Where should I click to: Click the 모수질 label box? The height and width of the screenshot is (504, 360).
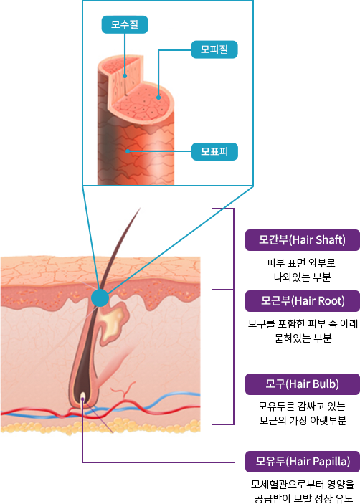(125, 24)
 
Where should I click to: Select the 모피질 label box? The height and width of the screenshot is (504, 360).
(214, 49)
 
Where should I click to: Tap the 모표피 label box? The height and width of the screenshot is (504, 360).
(214, 151)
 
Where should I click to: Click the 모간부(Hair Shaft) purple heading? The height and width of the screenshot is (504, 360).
(303, 240)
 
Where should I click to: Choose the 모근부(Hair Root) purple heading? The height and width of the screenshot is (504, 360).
(303, 301)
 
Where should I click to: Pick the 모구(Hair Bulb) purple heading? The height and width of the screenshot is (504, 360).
(303, 384)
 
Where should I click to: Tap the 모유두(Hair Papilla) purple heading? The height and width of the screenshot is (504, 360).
(303, 462)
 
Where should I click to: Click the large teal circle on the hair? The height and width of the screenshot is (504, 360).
(100, 298)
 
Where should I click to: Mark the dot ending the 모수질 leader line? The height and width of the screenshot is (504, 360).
(125, 76)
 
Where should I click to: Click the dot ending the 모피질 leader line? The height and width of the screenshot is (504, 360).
(158, 98)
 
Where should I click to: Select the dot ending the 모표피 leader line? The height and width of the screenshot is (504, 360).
(128, 151)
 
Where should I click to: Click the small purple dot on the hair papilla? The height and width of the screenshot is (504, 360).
(82, 399)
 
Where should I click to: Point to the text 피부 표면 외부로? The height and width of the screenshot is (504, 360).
(301, 263)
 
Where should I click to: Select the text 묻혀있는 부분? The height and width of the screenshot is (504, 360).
(303, 338)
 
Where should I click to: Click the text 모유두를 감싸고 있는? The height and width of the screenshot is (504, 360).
(302, 406)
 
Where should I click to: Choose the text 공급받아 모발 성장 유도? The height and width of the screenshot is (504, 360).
(303, 498)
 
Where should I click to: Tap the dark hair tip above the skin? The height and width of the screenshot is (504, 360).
(140, 209)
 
